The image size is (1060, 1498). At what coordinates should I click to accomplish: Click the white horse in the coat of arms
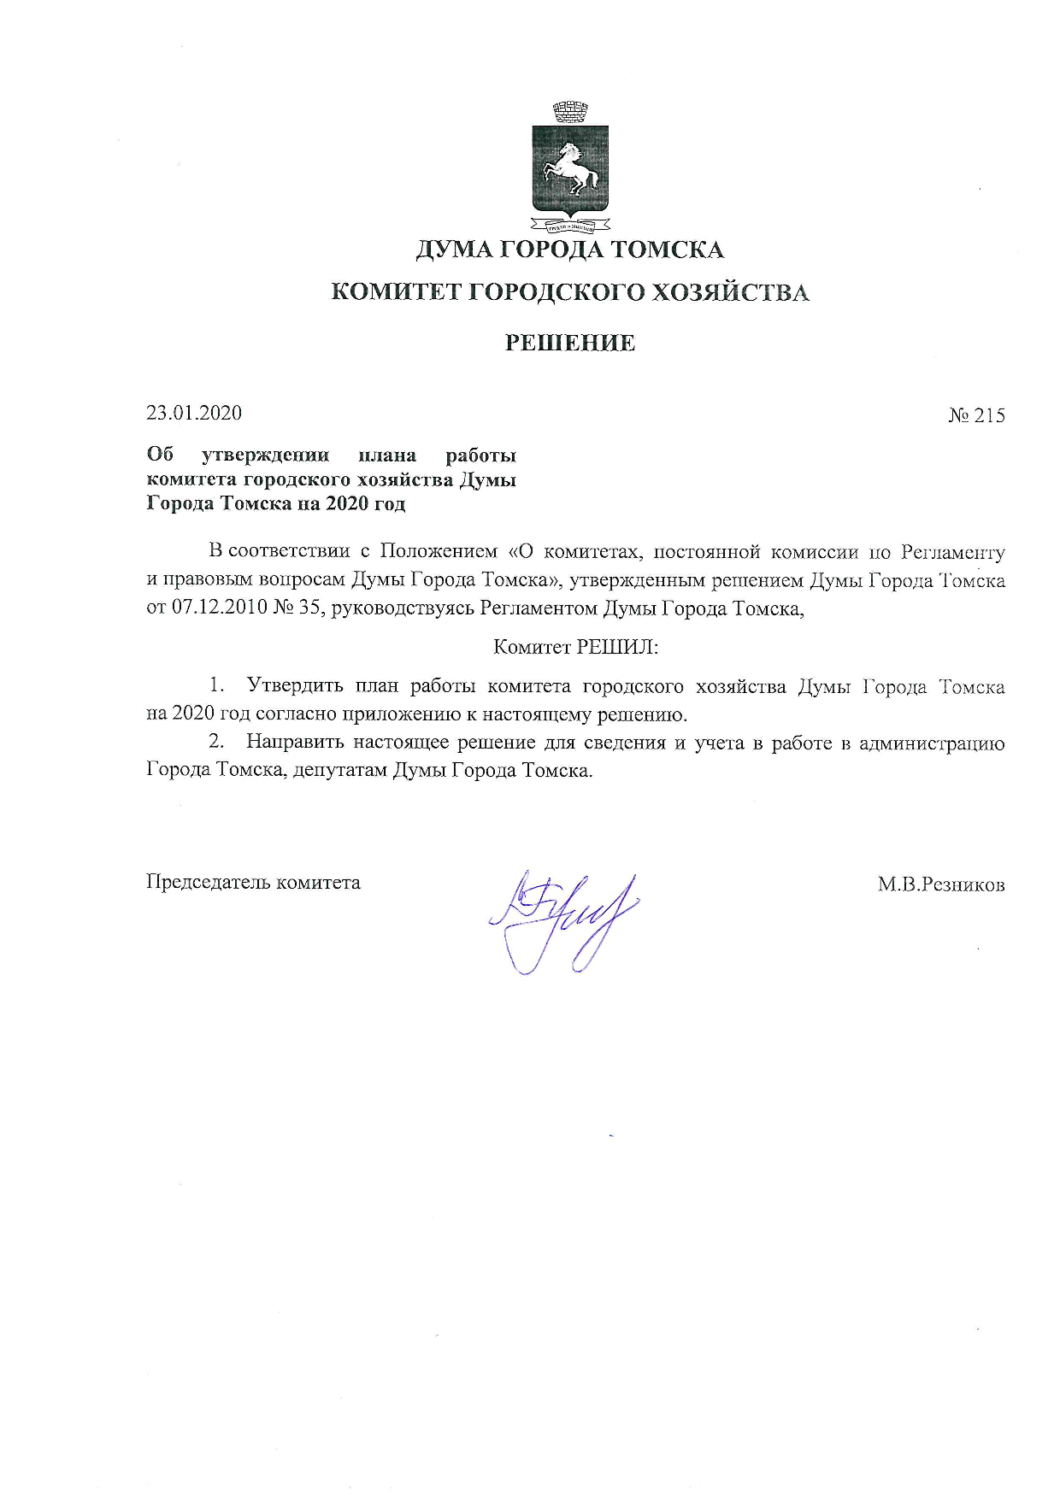point(572,167)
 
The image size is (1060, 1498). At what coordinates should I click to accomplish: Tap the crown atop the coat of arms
point(569,112)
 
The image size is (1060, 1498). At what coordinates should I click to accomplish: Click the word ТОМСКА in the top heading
point(668,250)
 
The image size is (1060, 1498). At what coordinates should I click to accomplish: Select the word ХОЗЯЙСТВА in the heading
point(730,292)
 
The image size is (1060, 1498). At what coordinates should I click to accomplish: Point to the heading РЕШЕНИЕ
point(570,344)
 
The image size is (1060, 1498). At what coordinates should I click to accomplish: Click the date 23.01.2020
point(194,414)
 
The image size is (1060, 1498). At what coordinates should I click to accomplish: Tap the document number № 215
point(976,416)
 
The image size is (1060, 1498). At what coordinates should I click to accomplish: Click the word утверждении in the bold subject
point(265,455)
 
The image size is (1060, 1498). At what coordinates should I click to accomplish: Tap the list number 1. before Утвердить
point(218,685)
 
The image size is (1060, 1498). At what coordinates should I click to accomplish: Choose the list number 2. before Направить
point(217,743)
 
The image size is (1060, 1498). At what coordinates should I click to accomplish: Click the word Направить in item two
point(295,743)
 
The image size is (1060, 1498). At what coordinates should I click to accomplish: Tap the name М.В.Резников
point(941,884)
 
